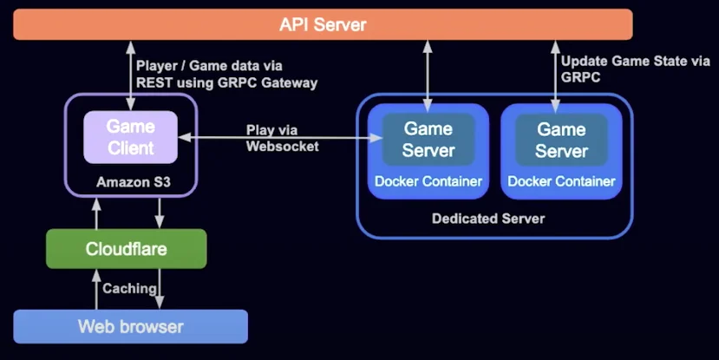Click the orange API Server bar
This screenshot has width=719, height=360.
pyautogui.click(x=323, y=24)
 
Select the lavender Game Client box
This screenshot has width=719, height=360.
pyautogui.click(x=130, y=137)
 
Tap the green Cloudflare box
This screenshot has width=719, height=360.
pyautogui.click(x=126, y=249)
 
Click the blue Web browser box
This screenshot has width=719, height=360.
pyautogui.click(x=131, y=326)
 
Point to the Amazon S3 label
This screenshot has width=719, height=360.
pyautogui.click(x=134, y=182)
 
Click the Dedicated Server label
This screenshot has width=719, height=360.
pyautogui.click(x=488, y=219)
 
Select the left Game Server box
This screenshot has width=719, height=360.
pyautogui.click(x=428, y=140)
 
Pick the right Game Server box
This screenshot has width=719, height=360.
pyautogui.click(x=561, y=140)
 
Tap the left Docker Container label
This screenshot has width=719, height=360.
pyautogui.click(x=428, y=181)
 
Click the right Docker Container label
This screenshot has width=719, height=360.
pyautogui.click(x=561, y=181)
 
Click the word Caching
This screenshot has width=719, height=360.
pyautogui.click(x=129, y=289)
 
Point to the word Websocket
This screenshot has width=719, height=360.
pyautogui.click(x=283, y=147)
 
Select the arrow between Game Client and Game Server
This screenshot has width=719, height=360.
pyautogui.click(x=280, y=137)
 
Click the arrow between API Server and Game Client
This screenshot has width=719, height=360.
pyautogui.click(x=131, y=75)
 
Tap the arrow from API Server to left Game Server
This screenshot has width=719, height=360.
pyautogui.click(x=428, y=76)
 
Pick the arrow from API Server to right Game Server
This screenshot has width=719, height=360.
pyautogui.click(x=556, y=76)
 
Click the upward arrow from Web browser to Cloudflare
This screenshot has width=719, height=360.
pyautogui.click(x=96, y=289)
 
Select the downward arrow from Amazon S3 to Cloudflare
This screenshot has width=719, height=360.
pyautogui.click(x=159, y=213)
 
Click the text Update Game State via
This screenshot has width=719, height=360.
pyautogui.click(x=636, y=61)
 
